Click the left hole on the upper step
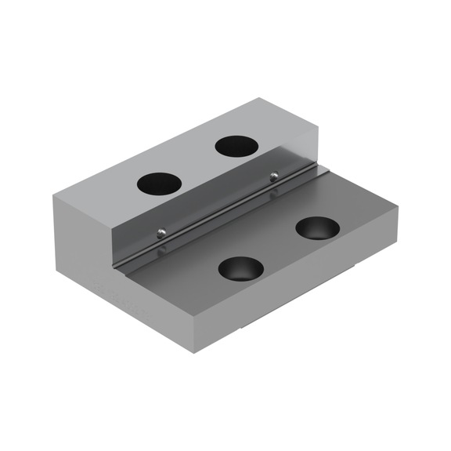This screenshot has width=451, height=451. pyautogui.click(x=159, y=184)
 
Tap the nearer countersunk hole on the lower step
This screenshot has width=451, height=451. pyautogui.click(x=240, y=269)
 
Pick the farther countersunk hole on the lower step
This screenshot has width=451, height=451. pyautogui.click(x=318, y=228)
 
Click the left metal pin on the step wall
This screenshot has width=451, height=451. pyautogui.click(x=160, y=231)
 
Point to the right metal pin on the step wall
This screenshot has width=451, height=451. pyautogui.click(x=273, y=174)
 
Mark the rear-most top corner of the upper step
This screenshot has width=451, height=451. pyautogui.click(x=258, y=99)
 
